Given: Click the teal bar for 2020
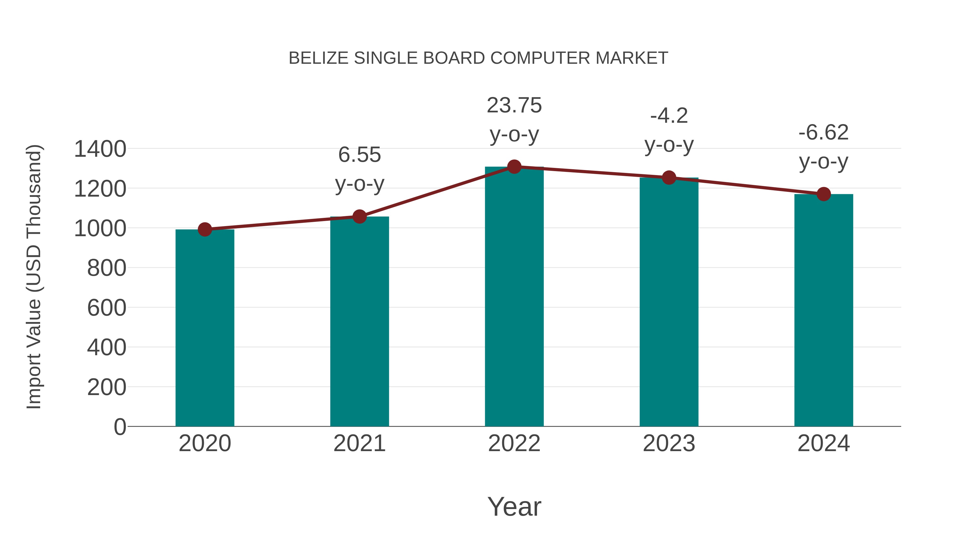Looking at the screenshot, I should [205, 329].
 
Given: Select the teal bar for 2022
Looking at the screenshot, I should [514, 297].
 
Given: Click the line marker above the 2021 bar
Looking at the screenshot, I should [359, 217].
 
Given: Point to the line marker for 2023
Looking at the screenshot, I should [669, 178].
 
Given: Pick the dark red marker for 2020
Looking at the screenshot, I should [205, 230].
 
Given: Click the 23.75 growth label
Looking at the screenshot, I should [514, 105].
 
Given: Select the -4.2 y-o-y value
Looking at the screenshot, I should [669, 116].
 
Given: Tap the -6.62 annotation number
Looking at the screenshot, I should [824, 133].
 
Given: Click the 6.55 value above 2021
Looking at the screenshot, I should [359, 155].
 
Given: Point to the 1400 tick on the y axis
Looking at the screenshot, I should [100, 149].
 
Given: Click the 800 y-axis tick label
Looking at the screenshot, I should [107, 268].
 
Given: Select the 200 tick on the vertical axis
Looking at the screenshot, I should [107, 387].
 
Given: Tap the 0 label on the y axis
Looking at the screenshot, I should [120, 427].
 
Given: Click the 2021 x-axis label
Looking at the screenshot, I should [359, 443].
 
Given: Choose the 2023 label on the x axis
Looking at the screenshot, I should [669, 443].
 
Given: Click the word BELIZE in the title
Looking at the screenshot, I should [318, 58].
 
